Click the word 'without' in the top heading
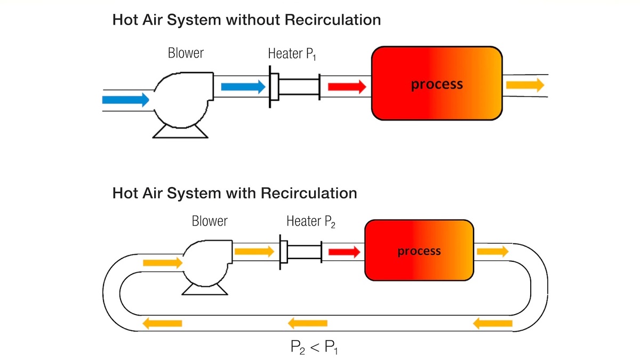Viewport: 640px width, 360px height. click(253, 20)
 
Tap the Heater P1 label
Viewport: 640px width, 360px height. click(292, 54)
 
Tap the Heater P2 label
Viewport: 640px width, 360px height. click(311, 222)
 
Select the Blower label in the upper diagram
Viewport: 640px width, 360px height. click(186, 53)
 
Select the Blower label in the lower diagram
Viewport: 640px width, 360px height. click(210, 221)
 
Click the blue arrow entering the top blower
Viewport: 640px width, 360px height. click(126, 100)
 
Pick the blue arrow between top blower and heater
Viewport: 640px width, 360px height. click(243, 86)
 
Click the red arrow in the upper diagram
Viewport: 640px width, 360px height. click(347, 86)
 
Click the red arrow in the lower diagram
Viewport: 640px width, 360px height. click(345, 252)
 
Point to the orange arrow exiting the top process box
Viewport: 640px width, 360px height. click(525, 85)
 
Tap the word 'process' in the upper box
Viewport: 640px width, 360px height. click(437, 84)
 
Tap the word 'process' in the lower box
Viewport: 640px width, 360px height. click(419, 251)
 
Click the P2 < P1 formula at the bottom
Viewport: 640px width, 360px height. click(314, 347)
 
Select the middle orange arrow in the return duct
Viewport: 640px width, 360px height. click(307, 323)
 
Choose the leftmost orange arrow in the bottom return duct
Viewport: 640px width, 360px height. click(162, 323)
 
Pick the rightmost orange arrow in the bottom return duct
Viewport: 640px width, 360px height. click(493, 324)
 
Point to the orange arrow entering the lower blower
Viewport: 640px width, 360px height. click(163, 263)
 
